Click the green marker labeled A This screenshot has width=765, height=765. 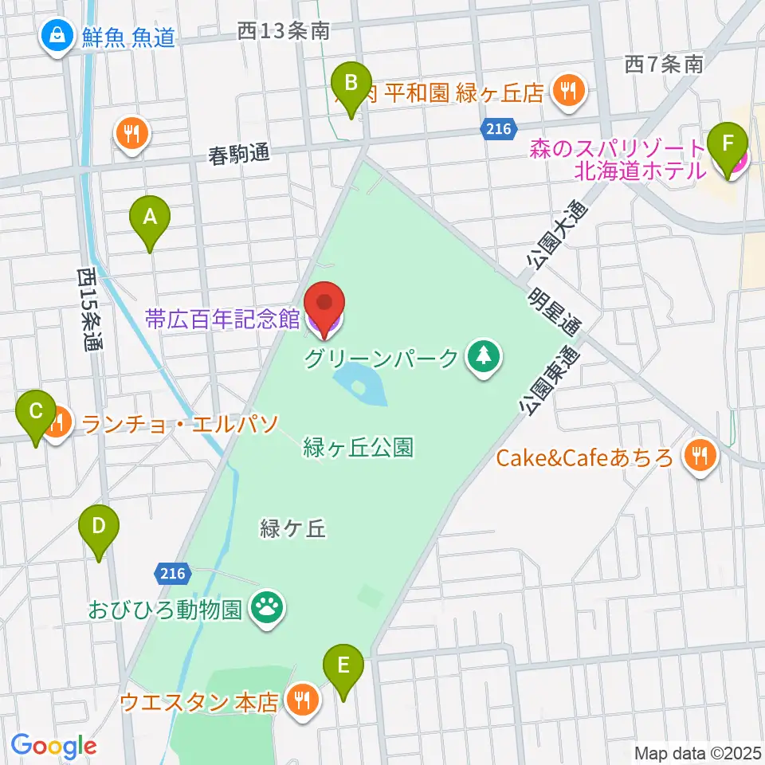point(149,217)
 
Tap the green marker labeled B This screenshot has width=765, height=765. point(351,83)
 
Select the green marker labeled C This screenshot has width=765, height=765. point(36,413)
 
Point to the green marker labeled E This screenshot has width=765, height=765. point(343,665)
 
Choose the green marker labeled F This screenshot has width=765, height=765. point(727,146)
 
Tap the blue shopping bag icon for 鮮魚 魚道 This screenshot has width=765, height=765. point(58,36)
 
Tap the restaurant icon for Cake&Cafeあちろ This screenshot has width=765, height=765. point(700,457)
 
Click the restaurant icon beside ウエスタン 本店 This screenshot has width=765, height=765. point(302,700)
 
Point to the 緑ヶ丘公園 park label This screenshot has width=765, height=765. point(359,449)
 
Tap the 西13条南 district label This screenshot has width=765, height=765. point(284,32)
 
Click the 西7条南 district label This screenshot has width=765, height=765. point(664,65)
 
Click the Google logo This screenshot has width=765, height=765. point(53,746)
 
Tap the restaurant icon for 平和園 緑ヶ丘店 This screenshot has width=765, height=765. point(568,92)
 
